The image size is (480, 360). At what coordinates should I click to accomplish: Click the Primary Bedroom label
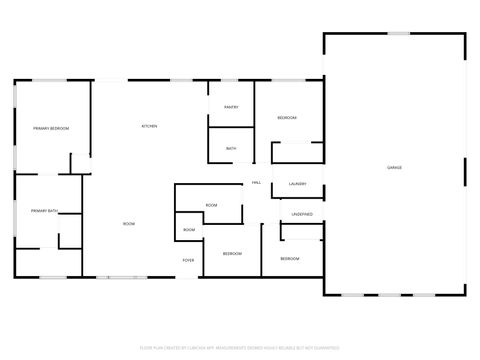[x=50, y=128]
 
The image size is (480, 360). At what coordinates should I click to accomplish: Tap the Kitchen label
[x=149, y=126]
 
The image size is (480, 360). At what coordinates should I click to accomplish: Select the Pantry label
[x=231, y=106]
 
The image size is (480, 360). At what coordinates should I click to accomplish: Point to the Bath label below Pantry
[x=231, y=149]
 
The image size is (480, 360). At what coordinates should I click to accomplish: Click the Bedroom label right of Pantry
[x=287, y=118]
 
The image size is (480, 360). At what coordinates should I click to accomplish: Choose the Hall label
[x=256, y=183]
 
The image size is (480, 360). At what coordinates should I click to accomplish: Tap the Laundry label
[x=297, y=184]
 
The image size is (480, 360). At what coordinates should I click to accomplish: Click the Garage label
[x=395, y=167]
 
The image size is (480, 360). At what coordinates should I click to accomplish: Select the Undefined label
[x=302, y=214]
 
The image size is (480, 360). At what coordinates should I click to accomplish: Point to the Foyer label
[x=188, y=260]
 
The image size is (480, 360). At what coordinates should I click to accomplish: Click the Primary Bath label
[x=45, y=211]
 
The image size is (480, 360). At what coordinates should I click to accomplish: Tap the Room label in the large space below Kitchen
[x=129, y=224]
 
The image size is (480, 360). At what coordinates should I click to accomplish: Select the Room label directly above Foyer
[x=189, y=230]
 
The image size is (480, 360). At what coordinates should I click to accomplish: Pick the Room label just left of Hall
[x=211, y=205]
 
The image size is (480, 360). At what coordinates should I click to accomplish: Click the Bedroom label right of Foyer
[x=232, y=253]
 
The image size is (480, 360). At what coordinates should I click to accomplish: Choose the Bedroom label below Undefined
[x=289, y=259]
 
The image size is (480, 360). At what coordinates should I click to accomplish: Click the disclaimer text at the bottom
[x=240, y=348]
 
